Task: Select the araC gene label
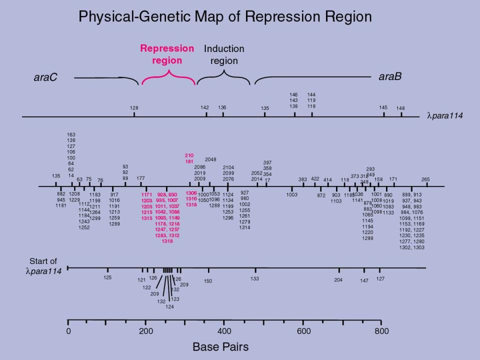click(45, 77)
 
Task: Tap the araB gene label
click(390, 76)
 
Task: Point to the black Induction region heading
click(224, 54)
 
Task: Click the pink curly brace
click(168, 77)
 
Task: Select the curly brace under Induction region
click(223, 77)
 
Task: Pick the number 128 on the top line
click(134, 107)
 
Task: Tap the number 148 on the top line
click(400, 108)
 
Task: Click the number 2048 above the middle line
click(210, 159)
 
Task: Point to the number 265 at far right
click(425, 179)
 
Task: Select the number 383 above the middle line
click(302, 179)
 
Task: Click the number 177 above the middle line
click(141, 178)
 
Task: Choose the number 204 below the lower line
click(338, 280)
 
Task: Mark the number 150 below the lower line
click(207, 281)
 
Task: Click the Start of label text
click(43, 261)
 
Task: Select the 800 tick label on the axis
click(381, 331)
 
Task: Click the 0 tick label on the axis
click(68, 331)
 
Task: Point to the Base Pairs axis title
click(220, 346)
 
